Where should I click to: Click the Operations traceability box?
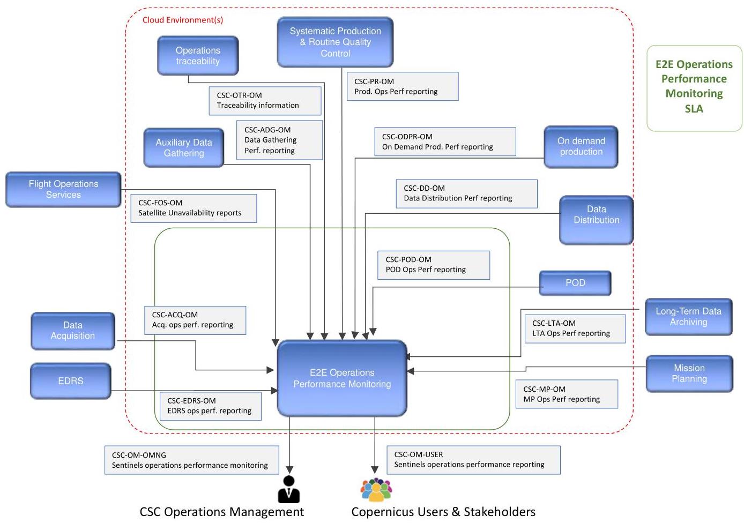click(198, 56)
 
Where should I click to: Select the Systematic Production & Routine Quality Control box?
click(335, 42)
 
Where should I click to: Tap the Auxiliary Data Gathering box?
click(184, 148)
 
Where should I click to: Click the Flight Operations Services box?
click(63, 189)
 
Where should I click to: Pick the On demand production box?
click(581, 147)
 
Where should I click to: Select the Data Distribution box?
click(596, 220)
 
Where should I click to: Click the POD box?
click(575, 283)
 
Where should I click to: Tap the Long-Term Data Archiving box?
click(689, 317)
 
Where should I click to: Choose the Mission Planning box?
click(689, 373)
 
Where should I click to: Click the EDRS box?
click(71, 381)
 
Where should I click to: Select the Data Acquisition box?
click(73, 331)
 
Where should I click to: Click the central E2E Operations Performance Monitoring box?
click(342, 378)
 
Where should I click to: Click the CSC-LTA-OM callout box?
click(575, 328)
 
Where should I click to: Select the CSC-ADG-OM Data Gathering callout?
click(279, 140)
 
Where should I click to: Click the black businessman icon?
click(289, 489)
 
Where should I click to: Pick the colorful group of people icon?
click(376, 489)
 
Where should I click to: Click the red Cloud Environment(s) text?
click(183, 20)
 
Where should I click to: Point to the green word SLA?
click(694, 109)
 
